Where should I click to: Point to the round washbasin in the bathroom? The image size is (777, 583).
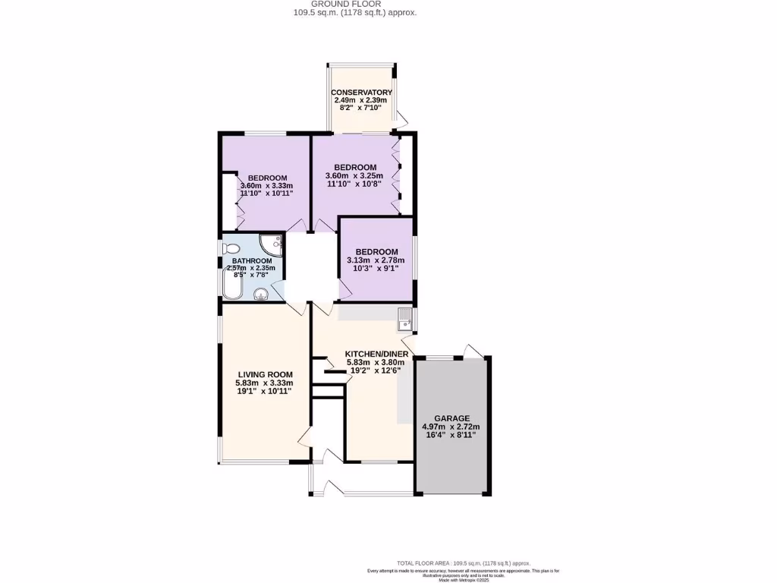tap(261, 295)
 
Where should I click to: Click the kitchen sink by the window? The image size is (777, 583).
tap(404, 318)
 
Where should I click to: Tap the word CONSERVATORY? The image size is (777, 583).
tap(361, 93)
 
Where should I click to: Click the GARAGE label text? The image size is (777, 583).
tap(451, 418)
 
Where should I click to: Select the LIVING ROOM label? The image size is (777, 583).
tap(265, 374)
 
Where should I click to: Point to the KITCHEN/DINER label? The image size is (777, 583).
tap(377, 354)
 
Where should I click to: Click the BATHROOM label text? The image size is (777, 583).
tap(252, 261)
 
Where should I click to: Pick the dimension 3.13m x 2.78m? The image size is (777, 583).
tap(376, 260)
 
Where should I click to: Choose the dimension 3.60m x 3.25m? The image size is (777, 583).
tap(355, 176)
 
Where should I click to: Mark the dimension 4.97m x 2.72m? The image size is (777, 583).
tap(451, 427)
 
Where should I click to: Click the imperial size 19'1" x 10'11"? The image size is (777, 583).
tap(265, 392)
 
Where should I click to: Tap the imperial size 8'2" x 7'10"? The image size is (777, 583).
tap(360, 109)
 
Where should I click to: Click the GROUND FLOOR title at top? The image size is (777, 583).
tap(354, 4)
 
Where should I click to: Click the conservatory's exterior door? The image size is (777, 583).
tap(401, 118)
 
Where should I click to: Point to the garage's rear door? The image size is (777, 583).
tap(474, 349)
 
